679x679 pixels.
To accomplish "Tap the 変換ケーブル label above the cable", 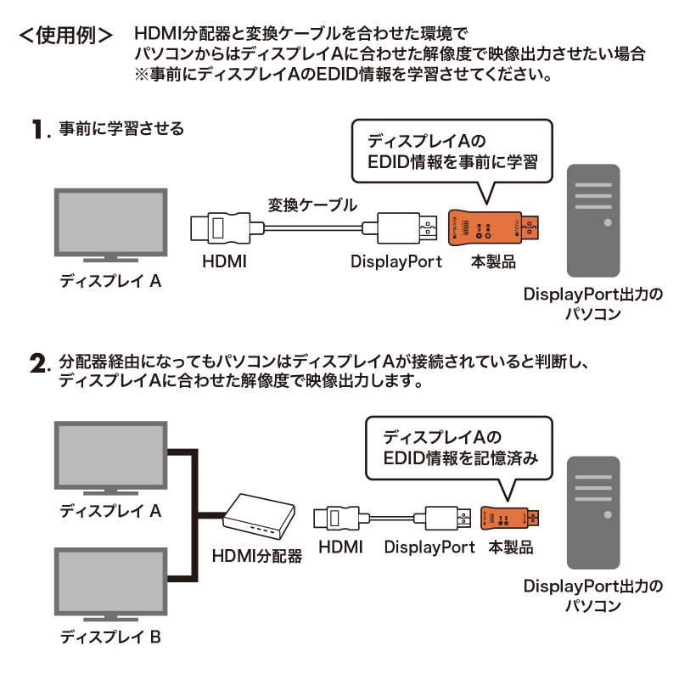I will point(311,205).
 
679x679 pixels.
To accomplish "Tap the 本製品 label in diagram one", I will point(493,261).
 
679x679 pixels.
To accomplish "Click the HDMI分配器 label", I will point(256,558).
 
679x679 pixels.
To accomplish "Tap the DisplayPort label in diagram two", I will point(429,547).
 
